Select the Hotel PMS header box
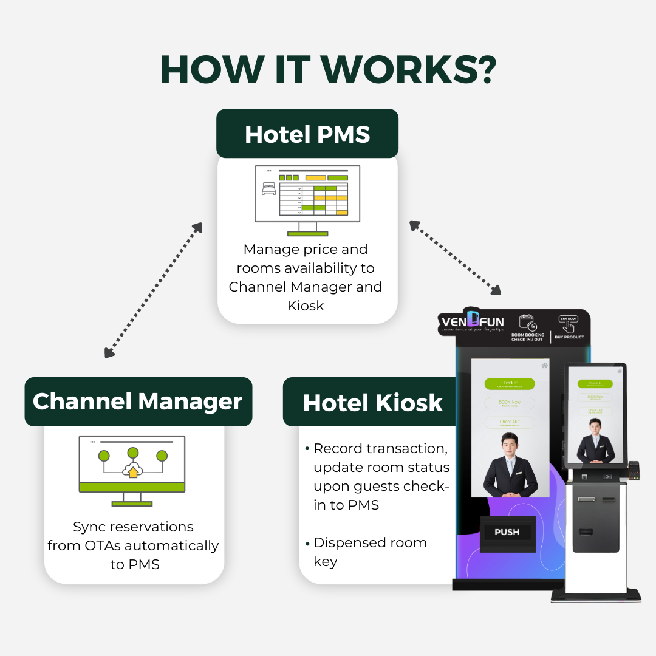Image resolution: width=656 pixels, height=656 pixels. point(307,134)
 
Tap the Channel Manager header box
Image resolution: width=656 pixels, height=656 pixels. point(138,401)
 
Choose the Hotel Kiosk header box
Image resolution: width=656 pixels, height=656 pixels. point(372,402)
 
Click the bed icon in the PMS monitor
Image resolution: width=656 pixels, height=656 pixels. point(268,190)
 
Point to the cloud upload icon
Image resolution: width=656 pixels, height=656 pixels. point(132,470)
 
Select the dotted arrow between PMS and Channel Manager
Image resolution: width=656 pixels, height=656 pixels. point(153,290)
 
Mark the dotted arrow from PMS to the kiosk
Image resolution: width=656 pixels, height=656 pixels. point(455,258)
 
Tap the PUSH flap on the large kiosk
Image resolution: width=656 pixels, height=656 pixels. point(507,532)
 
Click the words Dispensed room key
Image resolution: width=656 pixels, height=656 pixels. point(370,552)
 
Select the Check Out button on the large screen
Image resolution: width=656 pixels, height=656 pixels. point(510,422)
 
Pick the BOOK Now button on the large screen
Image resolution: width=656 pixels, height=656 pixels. point(510,403)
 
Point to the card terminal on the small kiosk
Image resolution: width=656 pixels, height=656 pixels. point(634,469)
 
